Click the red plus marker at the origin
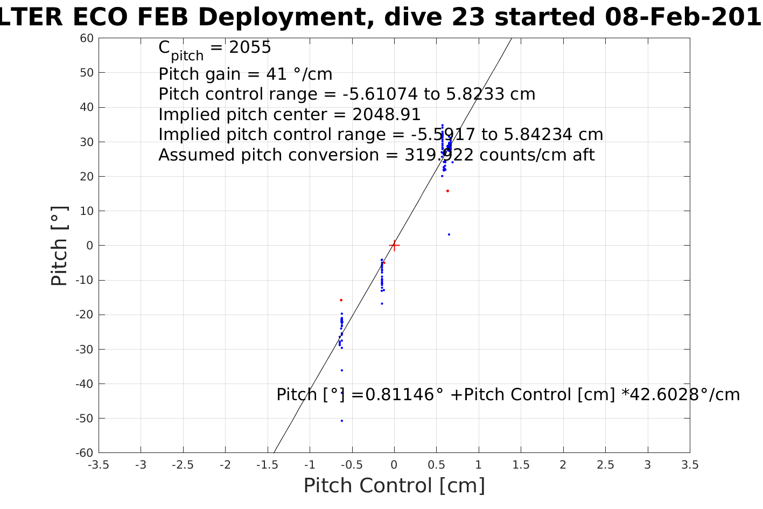(394, 246)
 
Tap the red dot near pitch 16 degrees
(447, 191)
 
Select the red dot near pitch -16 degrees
(341, 300)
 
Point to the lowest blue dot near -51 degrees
(342, 421)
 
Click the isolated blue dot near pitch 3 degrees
(449, 234)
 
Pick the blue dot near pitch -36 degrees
(342, 370)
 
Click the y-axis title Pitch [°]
(59, 246)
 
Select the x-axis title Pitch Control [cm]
(394, 486)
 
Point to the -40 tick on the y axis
(86, 384)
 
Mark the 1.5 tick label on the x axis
(521, 465)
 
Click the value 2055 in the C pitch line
(250, 48)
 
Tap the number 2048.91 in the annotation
(387, 115)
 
